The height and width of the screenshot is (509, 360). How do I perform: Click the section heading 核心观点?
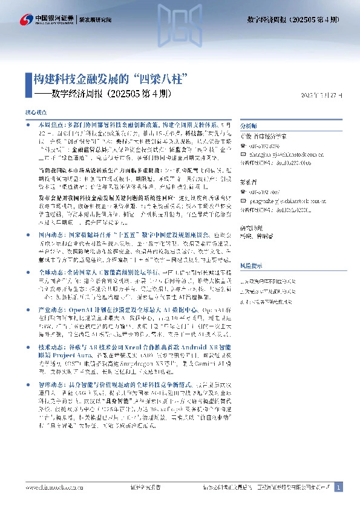[x=35, y=113]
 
